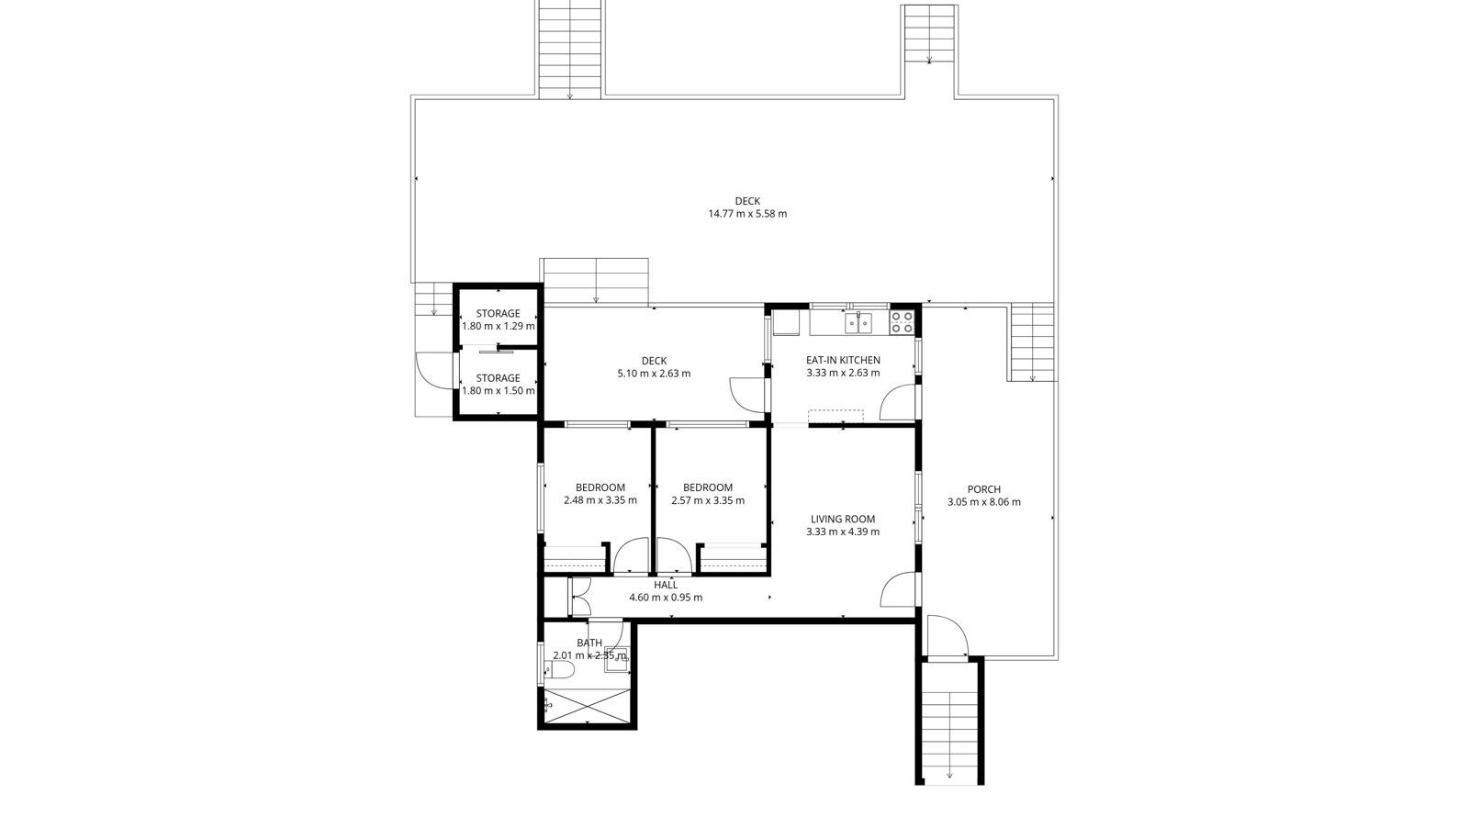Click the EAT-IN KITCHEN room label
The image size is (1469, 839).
pyautogui.click(x=843, y=360)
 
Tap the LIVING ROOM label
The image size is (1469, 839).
pyautogui.click(x=843, y=520)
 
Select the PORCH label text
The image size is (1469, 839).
pyautogui.click(x=983, y=489)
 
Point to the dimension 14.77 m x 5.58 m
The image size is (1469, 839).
pyautogui.click(x=747, y=214)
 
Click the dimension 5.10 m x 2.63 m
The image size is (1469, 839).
pyautogui.click(x=654, y=374)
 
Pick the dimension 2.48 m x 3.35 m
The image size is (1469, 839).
pyautogui.click(x=600, y=500)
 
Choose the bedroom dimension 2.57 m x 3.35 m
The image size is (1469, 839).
pyautogui.click(x=708, y=500)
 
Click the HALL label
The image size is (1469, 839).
pyautogui.click(x=666, y=585)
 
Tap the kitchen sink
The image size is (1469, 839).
pyautogui.click(x=858, y=322)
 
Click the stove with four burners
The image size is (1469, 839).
pyautogui.click(x=902, y=322)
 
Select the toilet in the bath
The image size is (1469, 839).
pyautogui.click(x=560, y=670)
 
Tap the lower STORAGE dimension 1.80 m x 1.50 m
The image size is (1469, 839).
pyautogui.click(x=498, y=391)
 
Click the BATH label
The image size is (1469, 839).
pyautogui.click(x=589, y=643)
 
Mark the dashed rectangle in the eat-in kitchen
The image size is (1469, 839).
pyautogui.click(x=835, y=417)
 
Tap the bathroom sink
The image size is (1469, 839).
pyautogui.click(x=616, y=659)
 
